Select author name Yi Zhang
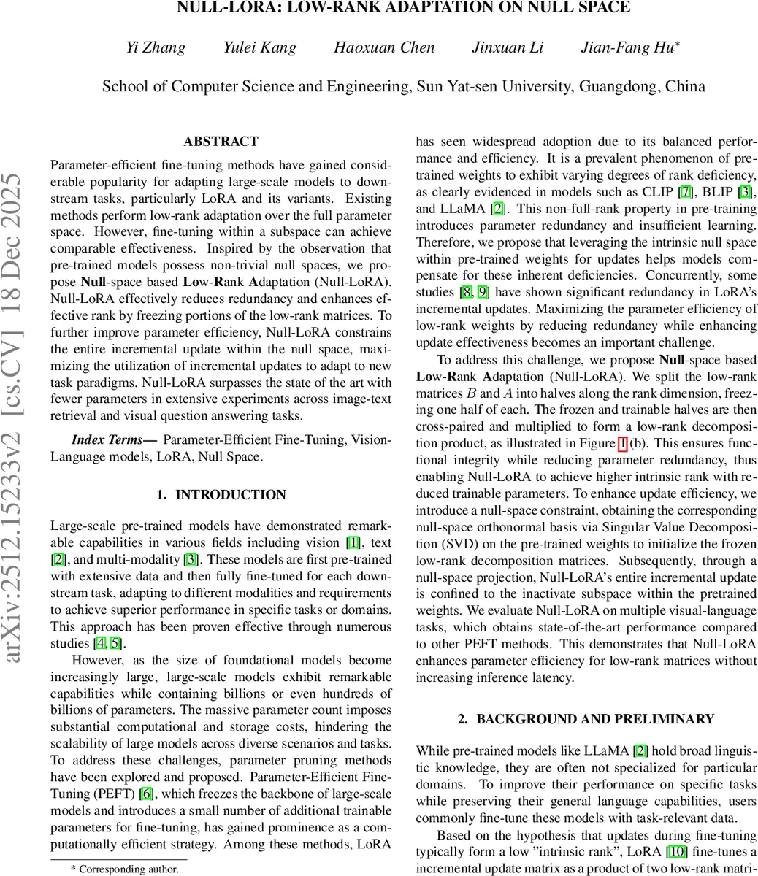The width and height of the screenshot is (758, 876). (156, 48)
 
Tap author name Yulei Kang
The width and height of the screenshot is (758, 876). (260, 48)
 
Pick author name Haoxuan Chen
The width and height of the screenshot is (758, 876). (384, 48)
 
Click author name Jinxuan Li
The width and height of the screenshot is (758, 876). (508, 48)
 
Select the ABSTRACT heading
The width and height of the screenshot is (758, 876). (221, 142)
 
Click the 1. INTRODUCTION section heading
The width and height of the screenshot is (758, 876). (221, 495)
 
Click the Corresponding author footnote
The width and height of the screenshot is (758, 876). (124, 869)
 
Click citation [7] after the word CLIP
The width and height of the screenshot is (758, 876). (682, 191)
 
